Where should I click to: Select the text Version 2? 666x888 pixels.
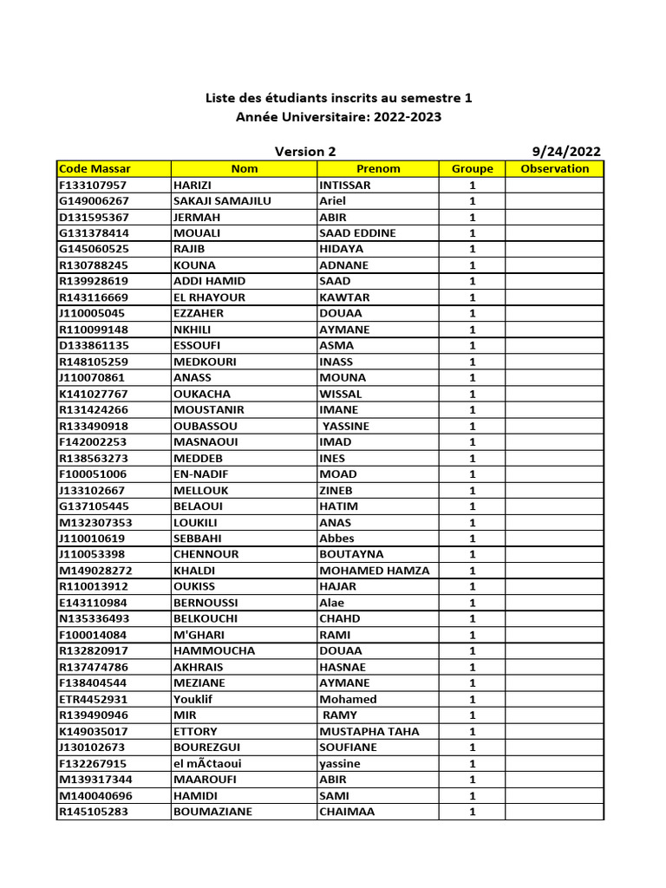point(305,152)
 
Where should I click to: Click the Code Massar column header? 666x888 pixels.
point(95,169)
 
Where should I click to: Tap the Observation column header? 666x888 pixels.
point(554,169)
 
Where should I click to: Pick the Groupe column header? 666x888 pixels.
point(472,169)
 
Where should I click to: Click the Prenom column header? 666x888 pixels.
point(378,169)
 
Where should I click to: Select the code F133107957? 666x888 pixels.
point(93,185)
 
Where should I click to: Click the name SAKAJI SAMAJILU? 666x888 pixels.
point(222,201)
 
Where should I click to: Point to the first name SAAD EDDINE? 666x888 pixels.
point(357,233)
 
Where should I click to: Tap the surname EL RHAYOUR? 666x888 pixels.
point(209,297)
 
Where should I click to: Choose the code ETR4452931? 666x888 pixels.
point(93,699)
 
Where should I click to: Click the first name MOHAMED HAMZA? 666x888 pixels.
point(375,571)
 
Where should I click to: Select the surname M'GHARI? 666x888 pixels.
point(199,635)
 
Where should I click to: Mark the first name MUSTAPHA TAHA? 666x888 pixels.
point(369,731)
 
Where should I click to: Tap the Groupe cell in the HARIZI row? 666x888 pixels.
point(472,185)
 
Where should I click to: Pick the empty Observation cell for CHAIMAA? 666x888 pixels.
point(554,812)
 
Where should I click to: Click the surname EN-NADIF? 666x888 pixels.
point(204,474)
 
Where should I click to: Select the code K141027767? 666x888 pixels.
point(93,394)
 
